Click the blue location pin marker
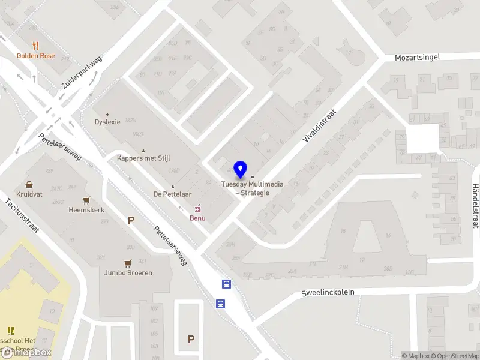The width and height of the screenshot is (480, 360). (x=241, y=170)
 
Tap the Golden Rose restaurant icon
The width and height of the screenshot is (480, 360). (x=35, y=46)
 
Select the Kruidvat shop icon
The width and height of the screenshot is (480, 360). (x=29, y=185)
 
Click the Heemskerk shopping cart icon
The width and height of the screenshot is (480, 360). (x=87, y=200)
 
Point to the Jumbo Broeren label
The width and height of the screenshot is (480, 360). (x=128, y=272)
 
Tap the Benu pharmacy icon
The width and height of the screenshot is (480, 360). (x=197, y=208)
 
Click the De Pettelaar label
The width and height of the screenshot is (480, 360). (x=172, y=194)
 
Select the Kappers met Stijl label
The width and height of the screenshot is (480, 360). (x=143, y=158)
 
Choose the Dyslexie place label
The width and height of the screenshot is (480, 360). (x=107, y=122)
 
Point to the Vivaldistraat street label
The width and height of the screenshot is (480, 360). (x=320, y=125)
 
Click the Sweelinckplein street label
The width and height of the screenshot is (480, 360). (x=328, y=293)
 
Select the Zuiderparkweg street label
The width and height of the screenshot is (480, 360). (x=82, y=73)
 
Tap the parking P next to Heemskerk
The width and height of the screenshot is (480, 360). (x=131, y=220)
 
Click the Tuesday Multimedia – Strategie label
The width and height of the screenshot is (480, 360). (x=252, y=188)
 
